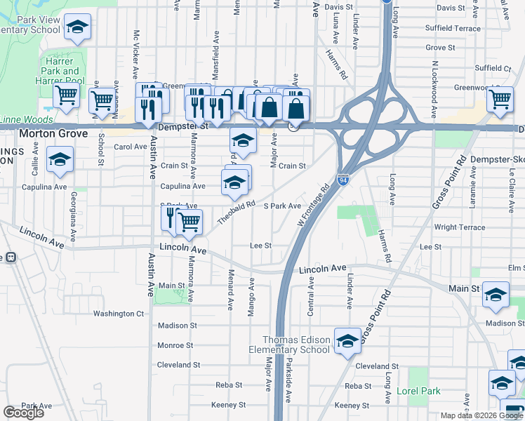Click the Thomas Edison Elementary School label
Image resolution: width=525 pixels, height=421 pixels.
tap(295, 345)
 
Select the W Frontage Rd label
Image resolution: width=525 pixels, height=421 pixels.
tap(314, 205)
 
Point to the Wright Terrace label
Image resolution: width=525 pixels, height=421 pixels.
tap(459, 227)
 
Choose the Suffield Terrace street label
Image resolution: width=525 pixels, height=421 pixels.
tap(453, 29)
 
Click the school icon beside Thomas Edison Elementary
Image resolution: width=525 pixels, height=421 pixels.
tap(347, 342)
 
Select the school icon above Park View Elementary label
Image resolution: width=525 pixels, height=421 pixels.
tap(79, 27)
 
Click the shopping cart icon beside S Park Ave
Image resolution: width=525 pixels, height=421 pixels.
tap(189, 222)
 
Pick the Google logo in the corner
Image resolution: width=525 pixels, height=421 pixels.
tap(23, 413)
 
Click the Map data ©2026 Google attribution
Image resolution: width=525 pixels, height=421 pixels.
tap(481, 415)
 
